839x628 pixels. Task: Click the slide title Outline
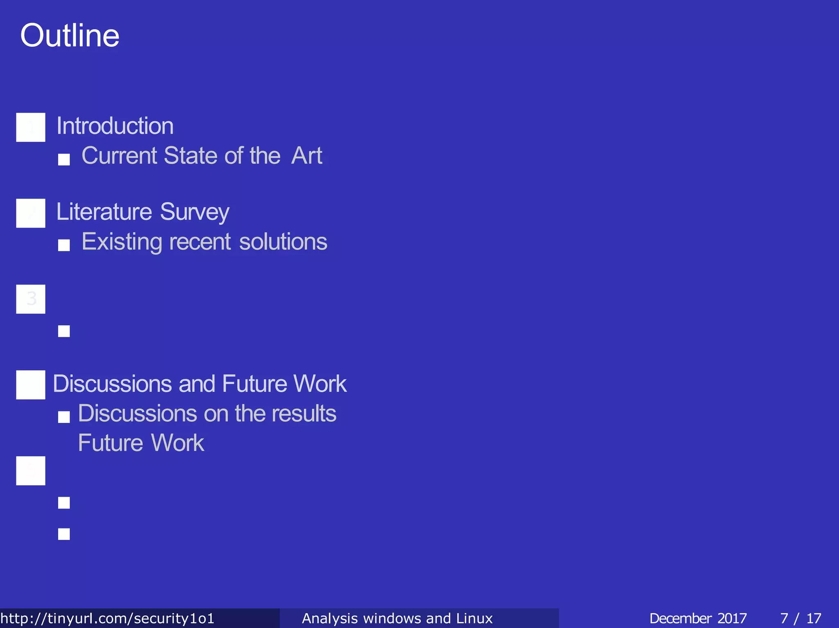(x=70, y=36)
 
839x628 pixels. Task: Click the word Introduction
(x=115, y=126)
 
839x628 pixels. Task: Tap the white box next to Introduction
(x=31, y=127)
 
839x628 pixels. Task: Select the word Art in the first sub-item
(x=306, y=156)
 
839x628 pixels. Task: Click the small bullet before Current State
(x=64, y=159)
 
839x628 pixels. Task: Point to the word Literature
(x=104, y=212)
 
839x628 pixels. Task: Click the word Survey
(x=195, y=212)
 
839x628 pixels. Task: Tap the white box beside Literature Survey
(x=31, y=213)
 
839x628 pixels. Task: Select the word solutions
(x=283, y=242)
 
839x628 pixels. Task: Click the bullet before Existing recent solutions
(x=64, y=245)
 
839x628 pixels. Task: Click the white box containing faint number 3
(x=31, y=299)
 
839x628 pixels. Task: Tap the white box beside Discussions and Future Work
(x=31, y=385)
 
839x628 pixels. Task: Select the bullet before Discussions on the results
(x=64, y=417)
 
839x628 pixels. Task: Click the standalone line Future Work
(x=141, y=443)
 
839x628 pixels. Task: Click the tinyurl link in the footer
(x=107, y=618)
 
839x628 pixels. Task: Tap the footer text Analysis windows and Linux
(x=397, y=618)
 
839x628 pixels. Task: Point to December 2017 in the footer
(x=698, y=618)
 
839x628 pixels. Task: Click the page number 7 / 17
(x=800, y=618)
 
